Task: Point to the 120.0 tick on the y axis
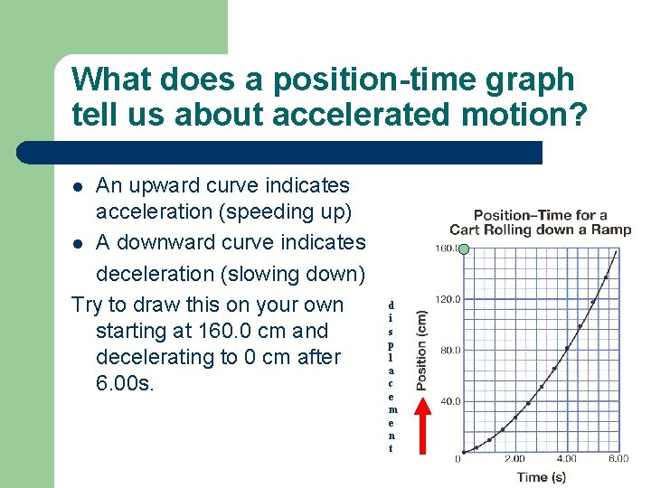448,298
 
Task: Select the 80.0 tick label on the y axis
448,350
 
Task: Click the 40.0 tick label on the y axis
448,401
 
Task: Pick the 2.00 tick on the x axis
514,460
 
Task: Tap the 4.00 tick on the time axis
566,460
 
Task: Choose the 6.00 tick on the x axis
618,460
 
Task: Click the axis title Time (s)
542,476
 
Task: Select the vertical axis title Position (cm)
421,351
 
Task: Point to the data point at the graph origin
463,452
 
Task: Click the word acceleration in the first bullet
152,212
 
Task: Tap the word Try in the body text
88,305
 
